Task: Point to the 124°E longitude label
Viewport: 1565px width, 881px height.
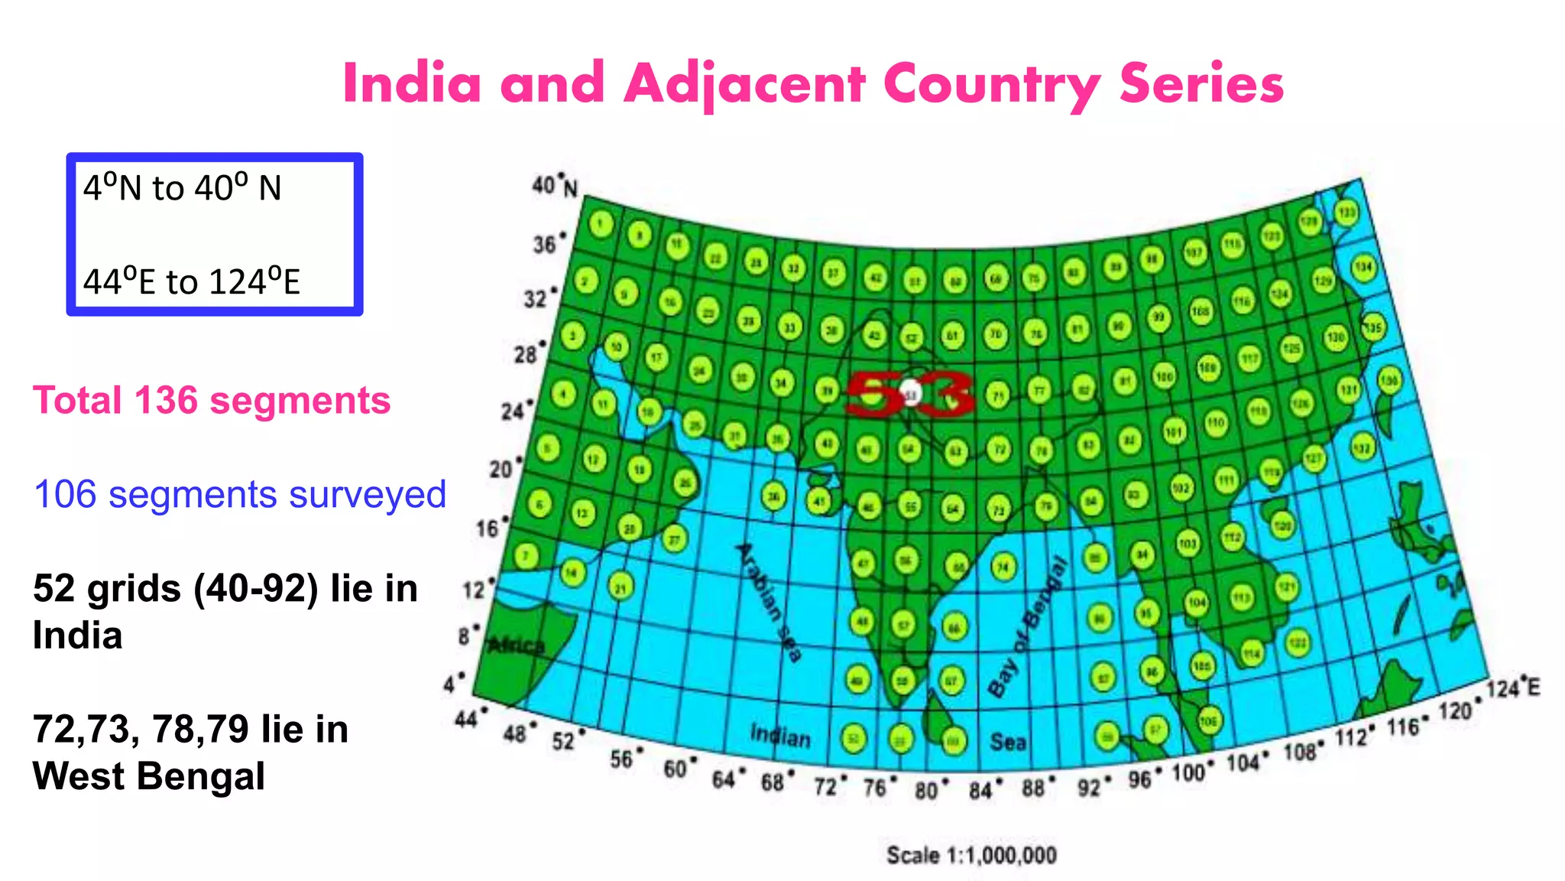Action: click(1513, 687)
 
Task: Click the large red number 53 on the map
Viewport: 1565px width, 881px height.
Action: click(909, 393)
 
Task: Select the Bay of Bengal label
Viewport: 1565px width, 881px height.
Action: click(1029, 627)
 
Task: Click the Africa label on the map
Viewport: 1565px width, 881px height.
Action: click(517, 645)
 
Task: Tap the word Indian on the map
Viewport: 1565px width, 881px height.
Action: click(779, 736)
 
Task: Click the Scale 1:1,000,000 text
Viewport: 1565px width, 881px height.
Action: click(971, 854)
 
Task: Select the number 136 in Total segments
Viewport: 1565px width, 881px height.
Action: click(166, 401)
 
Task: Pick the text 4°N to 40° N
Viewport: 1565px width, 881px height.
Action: click(183, 188)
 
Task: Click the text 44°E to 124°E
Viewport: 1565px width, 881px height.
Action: click(192, 281)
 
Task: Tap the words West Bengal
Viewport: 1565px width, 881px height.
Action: click(149, 776)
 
